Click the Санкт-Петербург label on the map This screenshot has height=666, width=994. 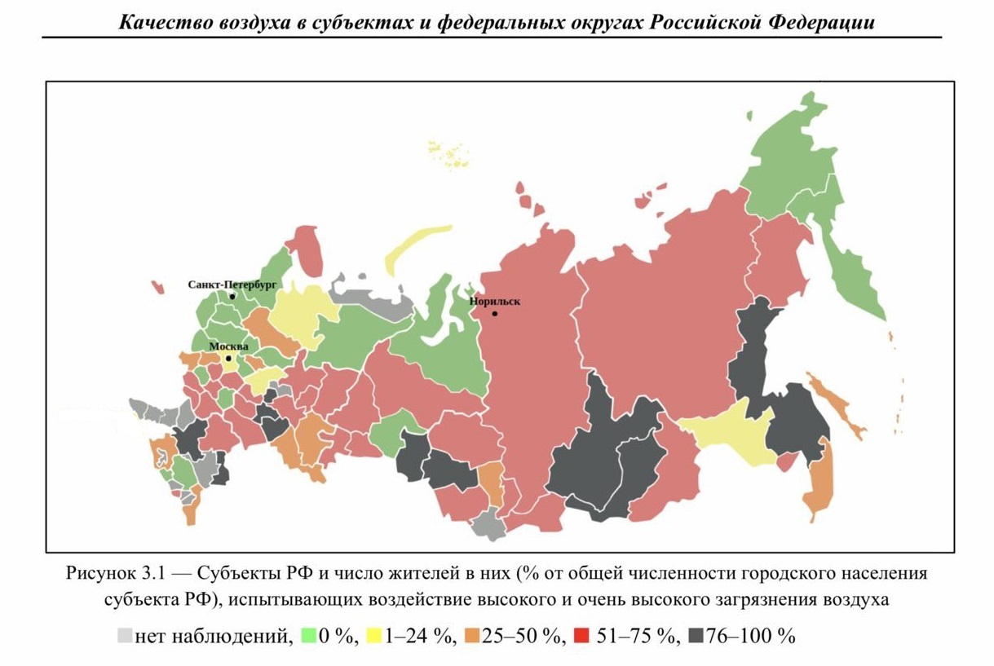coord(232,285)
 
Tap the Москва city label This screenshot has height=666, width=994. coord(228,346)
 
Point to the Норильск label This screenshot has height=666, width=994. coord(494,302)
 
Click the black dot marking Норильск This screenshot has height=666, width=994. coord(494,314)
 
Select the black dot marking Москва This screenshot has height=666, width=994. coord(228,358)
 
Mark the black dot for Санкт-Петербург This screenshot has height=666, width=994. coord(232,297)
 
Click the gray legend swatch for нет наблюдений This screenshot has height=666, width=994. coord(125,636)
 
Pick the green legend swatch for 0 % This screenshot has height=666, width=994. coord(308,636)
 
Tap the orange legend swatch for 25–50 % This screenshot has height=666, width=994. coord(471,636)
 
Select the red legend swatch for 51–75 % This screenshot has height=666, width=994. coord(579,636)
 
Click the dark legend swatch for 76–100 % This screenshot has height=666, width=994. coord(696,636)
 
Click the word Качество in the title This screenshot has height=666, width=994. coord(156,22)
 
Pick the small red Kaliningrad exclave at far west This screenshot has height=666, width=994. coord(157,286)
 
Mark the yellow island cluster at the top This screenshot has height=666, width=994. coord(447,153)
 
